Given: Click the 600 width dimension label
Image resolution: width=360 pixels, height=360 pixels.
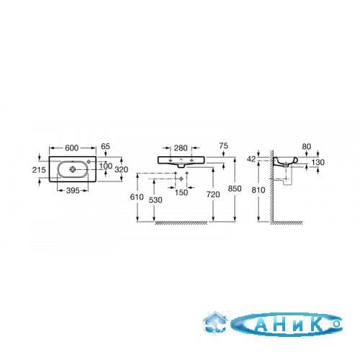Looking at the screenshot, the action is click(x=72, y=148).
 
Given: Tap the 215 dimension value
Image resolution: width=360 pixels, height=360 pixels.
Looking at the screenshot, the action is click(x=39, y=170).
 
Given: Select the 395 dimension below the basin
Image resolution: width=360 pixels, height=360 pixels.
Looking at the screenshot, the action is click(x=73, y=191).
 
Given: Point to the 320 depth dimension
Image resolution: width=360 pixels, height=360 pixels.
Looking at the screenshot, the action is click(x=121, y=170).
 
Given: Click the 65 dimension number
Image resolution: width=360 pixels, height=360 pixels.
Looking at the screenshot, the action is click(x=105, y=146).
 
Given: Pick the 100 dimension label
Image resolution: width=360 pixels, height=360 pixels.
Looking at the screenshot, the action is click(x=106, y=166).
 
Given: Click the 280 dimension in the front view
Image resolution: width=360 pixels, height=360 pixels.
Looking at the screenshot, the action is click(x=181, y=148).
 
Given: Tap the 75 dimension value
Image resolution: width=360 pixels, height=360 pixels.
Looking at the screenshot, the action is click(x=223, y=145).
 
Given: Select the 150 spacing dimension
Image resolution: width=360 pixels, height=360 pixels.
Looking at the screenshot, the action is click(x=181, y=192).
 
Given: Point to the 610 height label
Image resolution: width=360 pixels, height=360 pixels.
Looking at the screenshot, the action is click(x=137, y=197).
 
